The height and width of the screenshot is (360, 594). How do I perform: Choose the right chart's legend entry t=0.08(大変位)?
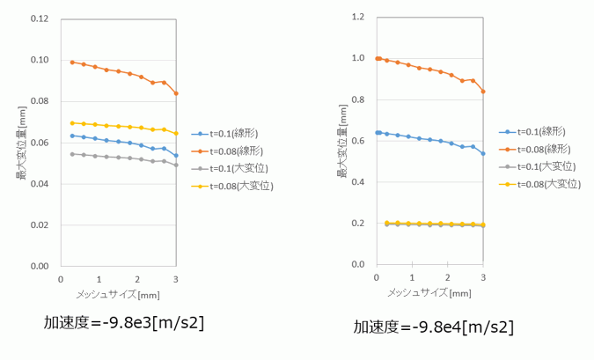[x=549, y=183]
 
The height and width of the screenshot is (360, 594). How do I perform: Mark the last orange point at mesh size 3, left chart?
[x=176, y=93]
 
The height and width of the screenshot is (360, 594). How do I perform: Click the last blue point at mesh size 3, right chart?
[x=482, y=153]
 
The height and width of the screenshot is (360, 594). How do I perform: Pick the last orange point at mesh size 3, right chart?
[x=482, y=92]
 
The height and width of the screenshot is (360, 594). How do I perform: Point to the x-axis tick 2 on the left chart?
[x=137, y=278]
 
